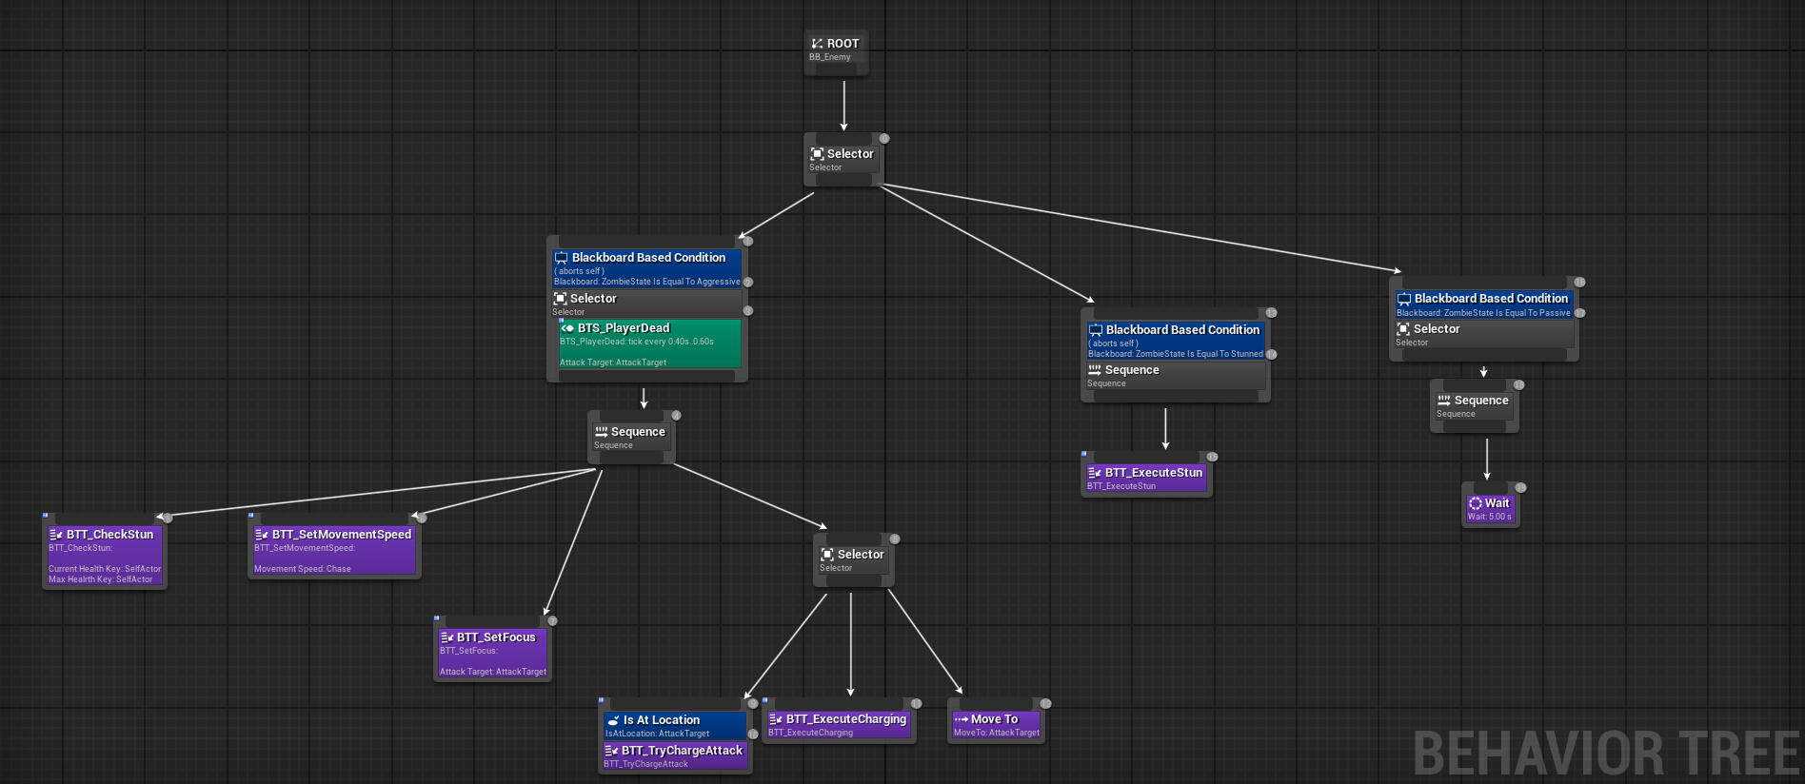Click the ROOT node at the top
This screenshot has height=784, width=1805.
pyautogui.click(x=836, y=49)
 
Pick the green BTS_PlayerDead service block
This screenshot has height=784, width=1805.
pyautogui.click(x=649, y=343)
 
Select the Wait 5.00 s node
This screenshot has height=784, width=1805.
pyautogui.click(x=1490, y=508)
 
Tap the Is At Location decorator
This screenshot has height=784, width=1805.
pyautogui.click(x=674, y=726)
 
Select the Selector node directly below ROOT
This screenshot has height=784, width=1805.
pyautogui.click(x=843, y=159)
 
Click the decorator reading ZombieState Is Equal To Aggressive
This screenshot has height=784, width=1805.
pyautogui.click(x=647, y=268)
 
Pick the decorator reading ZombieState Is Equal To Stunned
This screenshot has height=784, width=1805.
pyautogui.click(x=1176, y=341)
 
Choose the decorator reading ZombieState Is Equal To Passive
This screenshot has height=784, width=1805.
pyautogui.click(x=1483, y=304)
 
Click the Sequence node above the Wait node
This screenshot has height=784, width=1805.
pyautogui.click(x=1474, y=406)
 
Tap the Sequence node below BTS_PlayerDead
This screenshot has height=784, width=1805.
pyautogui.click(x=630, y=438)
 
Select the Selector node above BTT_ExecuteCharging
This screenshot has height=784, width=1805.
pyautogui.click(x=853, y=560)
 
